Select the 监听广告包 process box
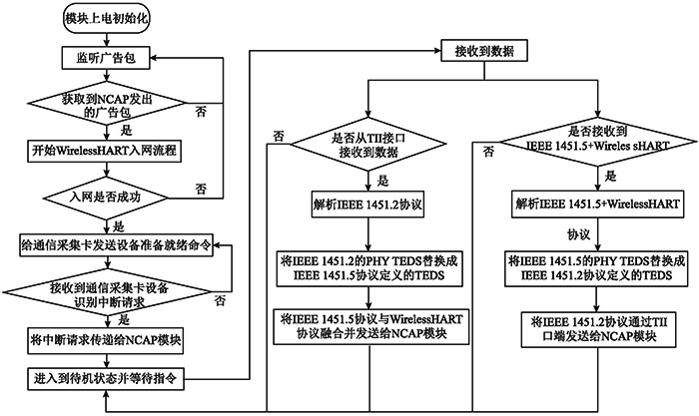click(x=106, y=58)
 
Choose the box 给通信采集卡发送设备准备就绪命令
click(x=115, y=244)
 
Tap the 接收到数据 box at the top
click(x=484, y=49)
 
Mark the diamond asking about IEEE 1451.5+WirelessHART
click(x=595, y=145)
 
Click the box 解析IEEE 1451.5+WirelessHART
click(x=595, y=206)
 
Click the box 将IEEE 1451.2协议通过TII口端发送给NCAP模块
click(x=595, y=327)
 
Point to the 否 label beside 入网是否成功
click(x=200, y=188)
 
